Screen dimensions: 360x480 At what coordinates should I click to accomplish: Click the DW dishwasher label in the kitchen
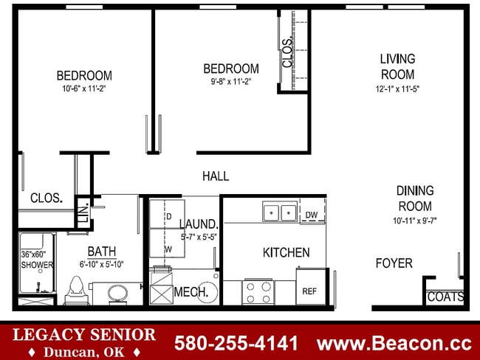tap(311, 215)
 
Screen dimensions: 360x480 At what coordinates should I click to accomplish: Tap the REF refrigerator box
tap(309, 291)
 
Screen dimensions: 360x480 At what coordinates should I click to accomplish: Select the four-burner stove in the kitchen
tap(258, 292)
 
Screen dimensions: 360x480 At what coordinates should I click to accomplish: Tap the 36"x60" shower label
tap(37, 260)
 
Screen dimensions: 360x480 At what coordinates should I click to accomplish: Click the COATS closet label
tap(445, 297)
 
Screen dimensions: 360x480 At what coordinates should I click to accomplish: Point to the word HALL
tap(216, 176)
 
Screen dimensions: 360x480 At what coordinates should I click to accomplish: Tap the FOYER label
tap(394, 263)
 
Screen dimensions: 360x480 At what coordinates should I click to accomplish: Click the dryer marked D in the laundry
tap(168, 215)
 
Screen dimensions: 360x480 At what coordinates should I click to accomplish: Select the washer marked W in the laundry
tap(168, 249)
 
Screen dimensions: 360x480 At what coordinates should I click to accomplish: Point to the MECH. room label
tap(191, 292)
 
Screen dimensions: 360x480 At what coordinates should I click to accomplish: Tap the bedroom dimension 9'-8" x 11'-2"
tap(230, 83)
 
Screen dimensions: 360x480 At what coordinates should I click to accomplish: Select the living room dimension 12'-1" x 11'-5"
tap(397, 89)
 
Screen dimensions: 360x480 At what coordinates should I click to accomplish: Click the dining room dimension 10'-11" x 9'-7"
tap(415, 221)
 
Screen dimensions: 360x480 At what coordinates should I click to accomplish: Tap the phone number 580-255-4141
tap(236, 343)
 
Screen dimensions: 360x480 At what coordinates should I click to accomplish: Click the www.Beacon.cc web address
tap(394, 343)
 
